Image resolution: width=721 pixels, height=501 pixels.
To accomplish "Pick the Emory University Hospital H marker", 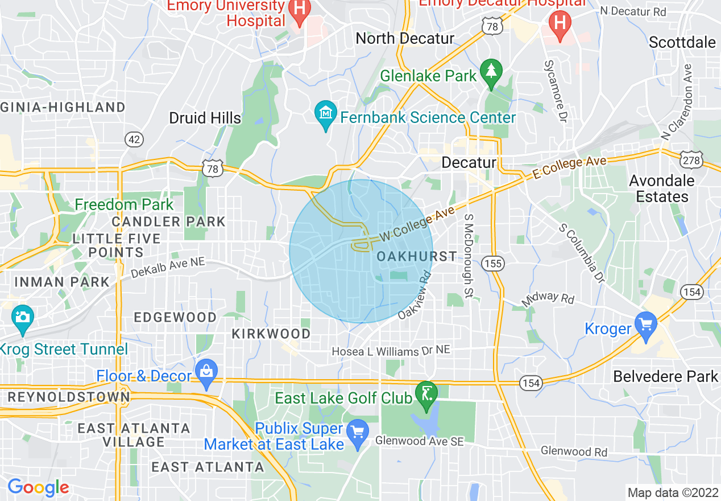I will click(x=298, y=9).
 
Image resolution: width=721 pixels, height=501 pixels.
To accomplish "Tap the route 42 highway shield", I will click(x=134, y=139).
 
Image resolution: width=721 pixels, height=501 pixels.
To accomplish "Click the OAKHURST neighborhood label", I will click(x=417, y=257).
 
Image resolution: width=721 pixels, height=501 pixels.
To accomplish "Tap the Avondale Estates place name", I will click(x=662, y=188).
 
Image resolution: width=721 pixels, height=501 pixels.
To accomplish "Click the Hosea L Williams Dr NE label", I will click(x=391, y=352).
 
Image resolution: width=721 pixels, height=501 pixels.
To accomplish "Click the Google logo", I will click(x=38, y=487).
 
